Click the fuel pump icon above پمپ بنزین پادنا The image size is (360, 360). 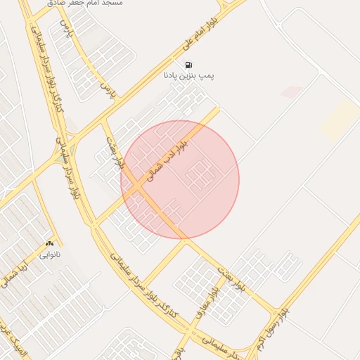(188, 65)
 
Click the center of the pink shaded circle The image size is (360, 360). (180, 179)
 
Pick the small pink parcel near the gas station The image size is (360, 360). (292, 92)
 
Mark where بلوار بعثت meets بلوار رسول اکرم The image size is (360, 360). (271, 310)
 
